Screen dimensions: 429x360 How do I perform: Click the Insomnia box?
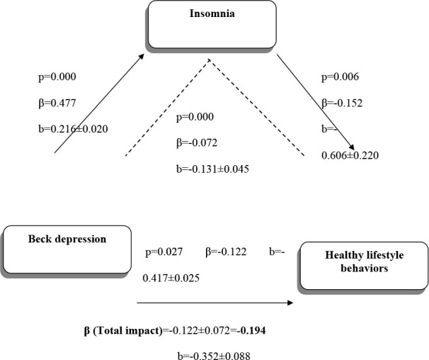coord(212,24)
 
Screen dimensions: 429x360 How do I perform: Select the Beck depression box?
coord(67,249)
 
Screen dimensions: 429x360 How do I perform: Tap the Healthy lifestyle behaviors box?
coord(364,266)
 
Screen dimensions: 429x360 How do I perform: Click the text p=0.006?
coord(340,77)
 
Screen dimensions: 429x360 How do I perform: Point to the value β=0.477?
coord(57,103)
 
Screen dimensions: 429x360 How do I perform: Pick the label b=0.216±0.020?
coord(73,129)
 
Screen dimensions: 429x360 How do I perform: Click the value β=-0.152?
coord(342,103)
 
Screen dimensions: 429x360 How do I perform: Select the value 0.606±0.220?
coord(350,155)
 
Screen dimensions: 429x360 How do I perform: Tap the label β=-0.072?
coord(197,143)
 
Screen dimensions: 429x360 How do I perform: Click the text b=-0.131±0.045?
coord(212,169)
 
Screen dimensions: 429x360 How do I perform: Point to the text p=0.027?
coord(164,252)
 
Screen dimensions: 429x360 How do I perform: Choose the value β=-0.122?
coord(226,252)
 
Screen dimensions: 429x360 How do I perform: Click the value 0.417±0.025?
coord(171,278)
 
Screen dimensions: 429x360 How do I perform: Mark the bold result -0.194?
coord(251,331)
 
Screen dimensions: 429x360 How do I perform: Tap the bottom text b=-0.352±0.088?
coord(214,356)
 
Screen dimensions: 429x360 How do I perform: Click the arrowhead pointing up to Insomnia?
coord(141,56)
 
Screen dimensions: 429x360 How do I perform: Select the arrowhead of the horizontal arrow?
coord(290,303)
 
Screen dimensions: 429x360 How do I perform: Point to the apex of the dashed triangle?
coord(210,60)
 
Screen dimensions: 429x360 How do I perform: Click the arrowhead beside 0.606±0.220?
coord(351,147)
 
